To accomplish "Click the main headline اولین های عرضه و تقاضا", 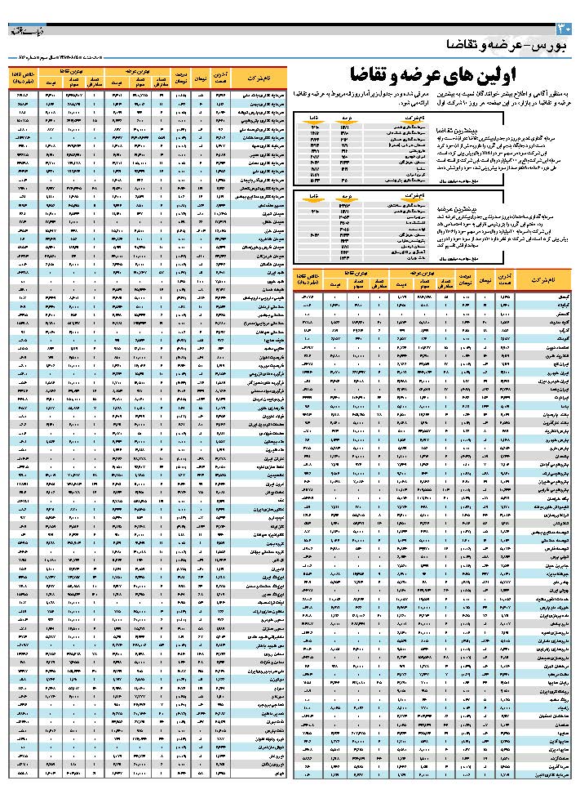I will pos(427,76).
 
